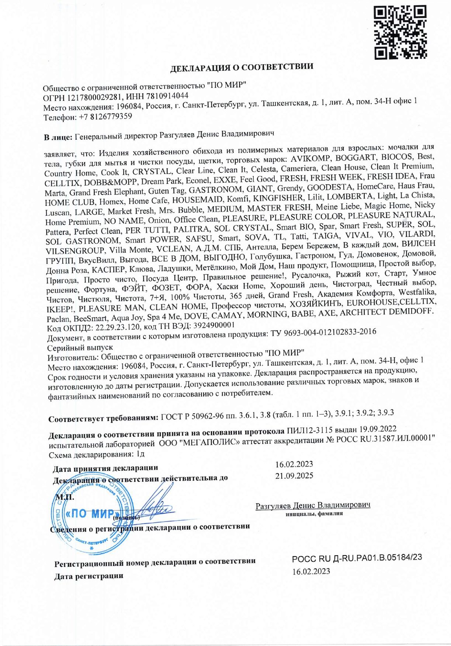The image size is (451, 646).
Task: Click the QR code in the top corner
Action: pyautogui.click(x=400, y=32)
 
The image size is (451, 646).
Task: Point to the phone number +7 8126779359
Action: pyautogui.click(x=105, y=117)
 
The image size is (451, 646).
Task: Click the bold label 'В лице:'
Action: pyautogui.click(x=58, y=138)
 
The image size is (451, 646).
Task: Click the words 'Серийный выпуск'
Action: pyautogui.click(x=80, y=348)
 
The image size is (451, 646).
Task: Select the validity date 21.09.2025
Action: pyautogui.click(x=294, y=476)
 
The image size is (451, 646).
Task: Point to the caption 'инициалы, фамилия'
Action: pyautogui.click(x=314, y=513)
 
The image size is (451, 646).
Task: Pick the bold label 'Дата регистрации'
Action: pyautogui.click(x=89, y=576)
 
